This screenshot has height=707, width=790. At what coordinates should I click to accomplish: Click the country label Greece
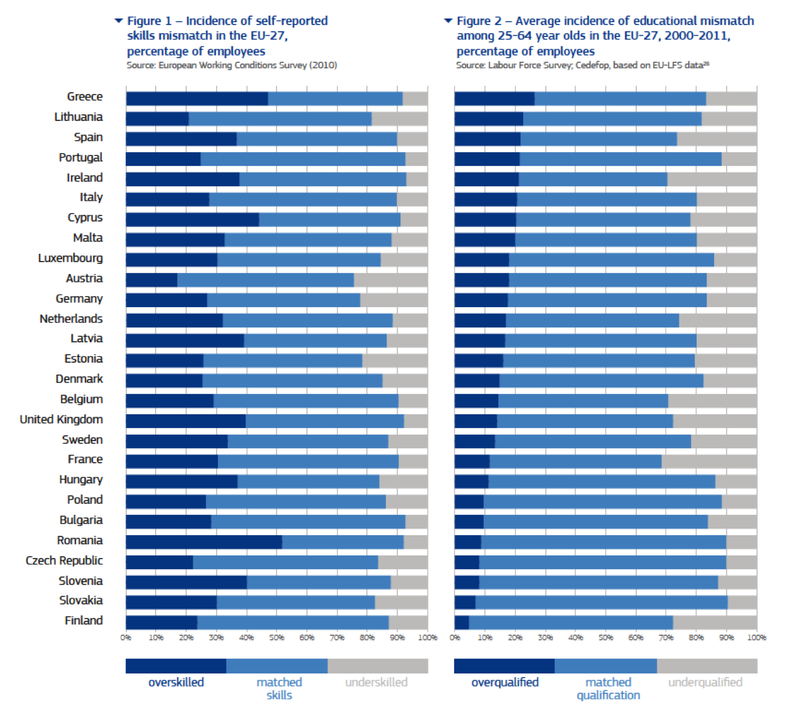pyautogui.click(x=84, y=97)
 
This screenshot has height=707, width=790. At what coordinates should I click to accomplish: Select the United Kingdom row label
pyautogui.click(x=61, y=420)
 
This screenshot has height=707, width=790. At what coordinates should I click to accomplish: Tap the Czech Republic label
pyautogui.click(x=64, y=561)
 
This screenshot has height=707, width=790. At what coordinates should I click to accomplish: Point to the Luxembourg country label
pyautogui.click(x=70, y=258)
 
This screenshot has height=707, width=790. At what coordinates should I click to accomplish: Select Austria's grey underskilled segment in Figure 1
pyautogui.click(x=390, y=280)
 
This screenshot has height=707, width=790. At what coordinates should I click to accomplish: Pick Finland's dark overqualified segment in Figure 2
pyautogui.click(x=461, y=623)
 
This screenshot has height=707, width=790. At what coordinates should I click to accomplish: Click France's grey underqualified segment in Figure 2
pyautogui.click(x=709, y=462)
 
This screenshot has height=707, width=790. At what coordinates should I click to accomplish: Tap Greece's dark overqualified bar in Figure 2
pyautogui.click(x=494, y=99)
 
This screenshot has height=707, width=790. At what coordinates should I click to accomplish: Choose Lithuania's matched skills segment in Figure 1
pyautogui.click(x=280, y=119)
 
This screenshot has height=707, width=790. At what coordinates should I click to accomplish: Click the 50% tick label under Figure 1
pyautogui.click(x=276, y=638)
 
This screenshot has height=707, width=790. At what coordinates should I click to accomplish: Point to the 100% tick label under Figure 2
pyautogui.click(x=756, y=638)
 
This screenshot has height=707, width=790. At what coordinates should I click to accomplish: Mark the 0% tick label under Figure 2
pyautogui.click(x=455, y=638)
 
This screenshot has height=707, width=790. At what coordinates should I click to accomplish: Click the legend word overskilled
pyautogui.click(x=176, y=682)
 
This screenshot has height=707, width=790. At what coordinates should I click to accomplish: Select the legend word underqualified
pyautogui.click(x=705, y=682)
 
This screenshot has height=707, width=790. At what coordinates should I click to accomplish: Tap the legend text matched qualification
pyautogui.click(x=608, y=689)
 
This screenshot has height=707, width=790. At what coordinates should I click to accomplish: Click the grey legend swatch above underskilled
pyautogui.click(x=378, y=666)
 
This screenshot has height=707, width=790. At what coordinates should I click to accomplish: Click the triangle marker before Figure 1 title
pyautogui.click(x=118, y=21)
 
